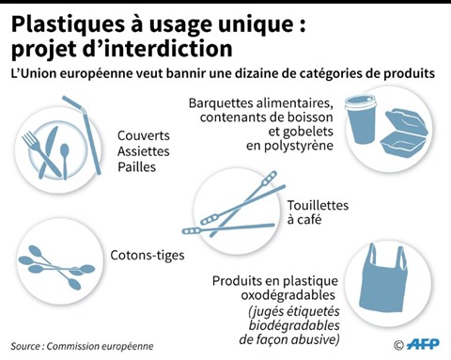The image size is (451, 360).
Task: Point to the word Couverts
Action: [144, 136]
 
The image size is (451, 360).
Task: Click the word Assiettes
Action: [144, 151]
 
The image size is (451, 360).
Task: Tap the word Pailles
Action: [136, 167]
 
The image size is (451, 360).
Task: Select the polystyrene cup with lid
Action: [361, 119]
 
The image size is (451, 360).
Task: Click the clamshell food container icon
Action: [404, 132]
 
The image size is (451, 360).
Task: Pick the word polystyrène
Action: [289, 146]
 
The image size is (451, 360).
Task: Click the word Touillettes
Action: [318, 206]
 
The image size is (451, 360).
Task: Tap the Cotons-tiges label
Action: [148, 256]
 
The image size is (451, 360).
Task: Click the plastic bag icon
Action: [383, 279]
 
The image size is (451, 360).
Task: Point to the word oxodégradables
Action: [288, 295]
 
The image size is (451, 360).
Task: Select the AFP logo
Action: [423, 344]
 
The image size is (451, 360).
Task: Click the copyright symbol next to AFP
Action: [398, 345]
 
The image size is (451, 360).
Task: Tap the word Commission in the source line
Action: [70, 346]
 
